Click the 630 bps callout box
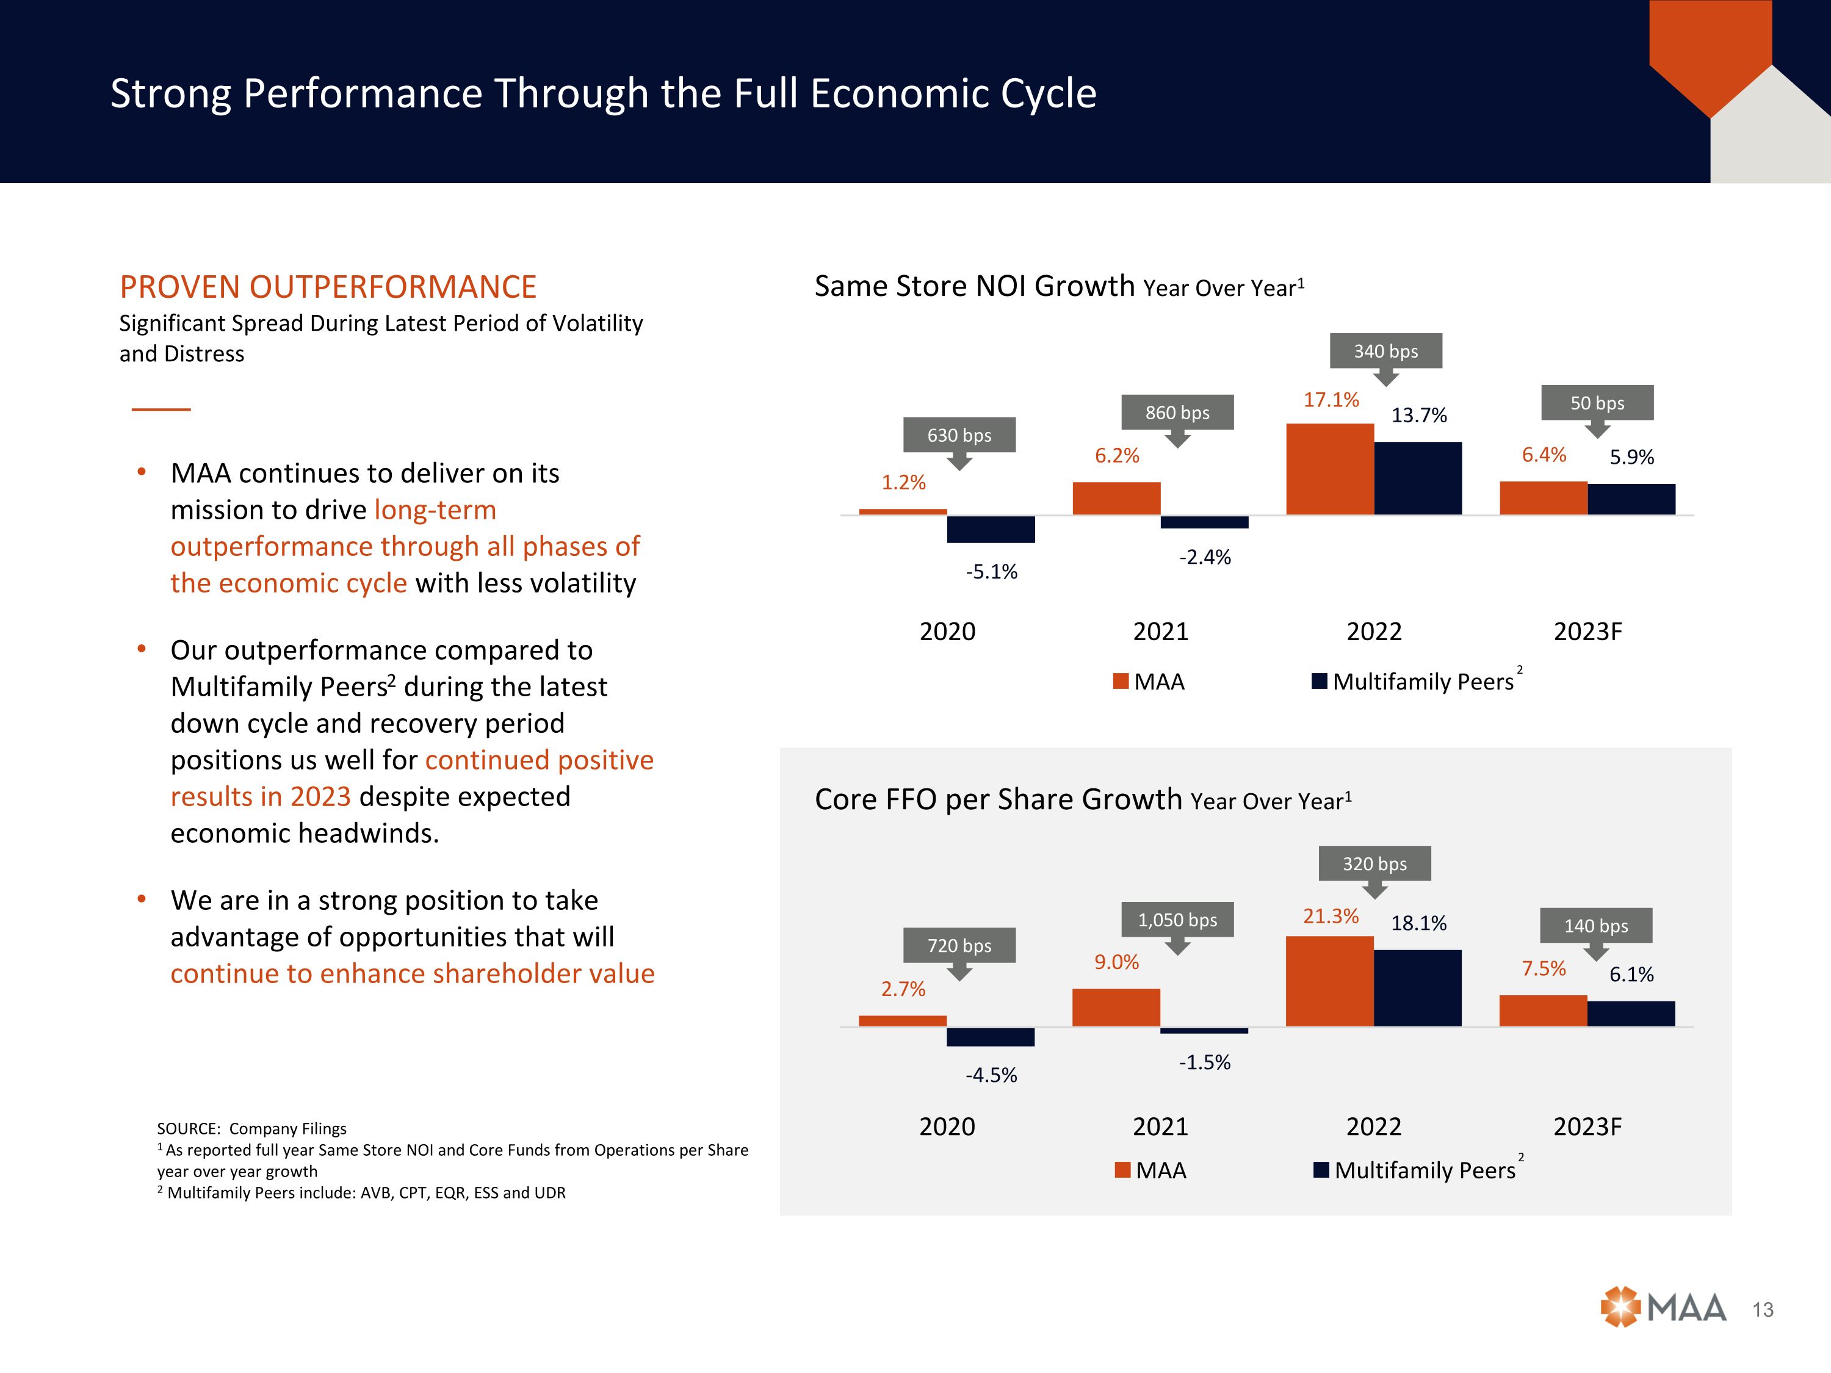coord(959,435)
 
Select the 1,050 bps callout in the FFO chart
coord(1177,920)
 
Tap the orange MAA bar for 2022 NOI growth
coord(1329,469)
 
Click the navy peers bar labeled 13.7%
coord(1417,478)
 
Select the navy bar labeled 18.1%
coord(1417,988)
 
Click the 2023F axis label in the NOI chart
coord(1587,632)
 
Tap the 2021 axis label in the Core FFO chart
coord(1160,1126)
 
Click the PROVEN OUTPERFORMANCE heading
coord(328,287)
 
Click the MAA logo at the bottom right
coord(1663,1308)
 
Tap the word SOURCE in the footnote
coord(187,1129)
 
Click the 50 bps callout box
coord(1597,403)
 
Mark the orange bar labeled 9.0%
coord(1116,1007)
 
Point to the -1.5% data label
coord(1204,1062)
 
